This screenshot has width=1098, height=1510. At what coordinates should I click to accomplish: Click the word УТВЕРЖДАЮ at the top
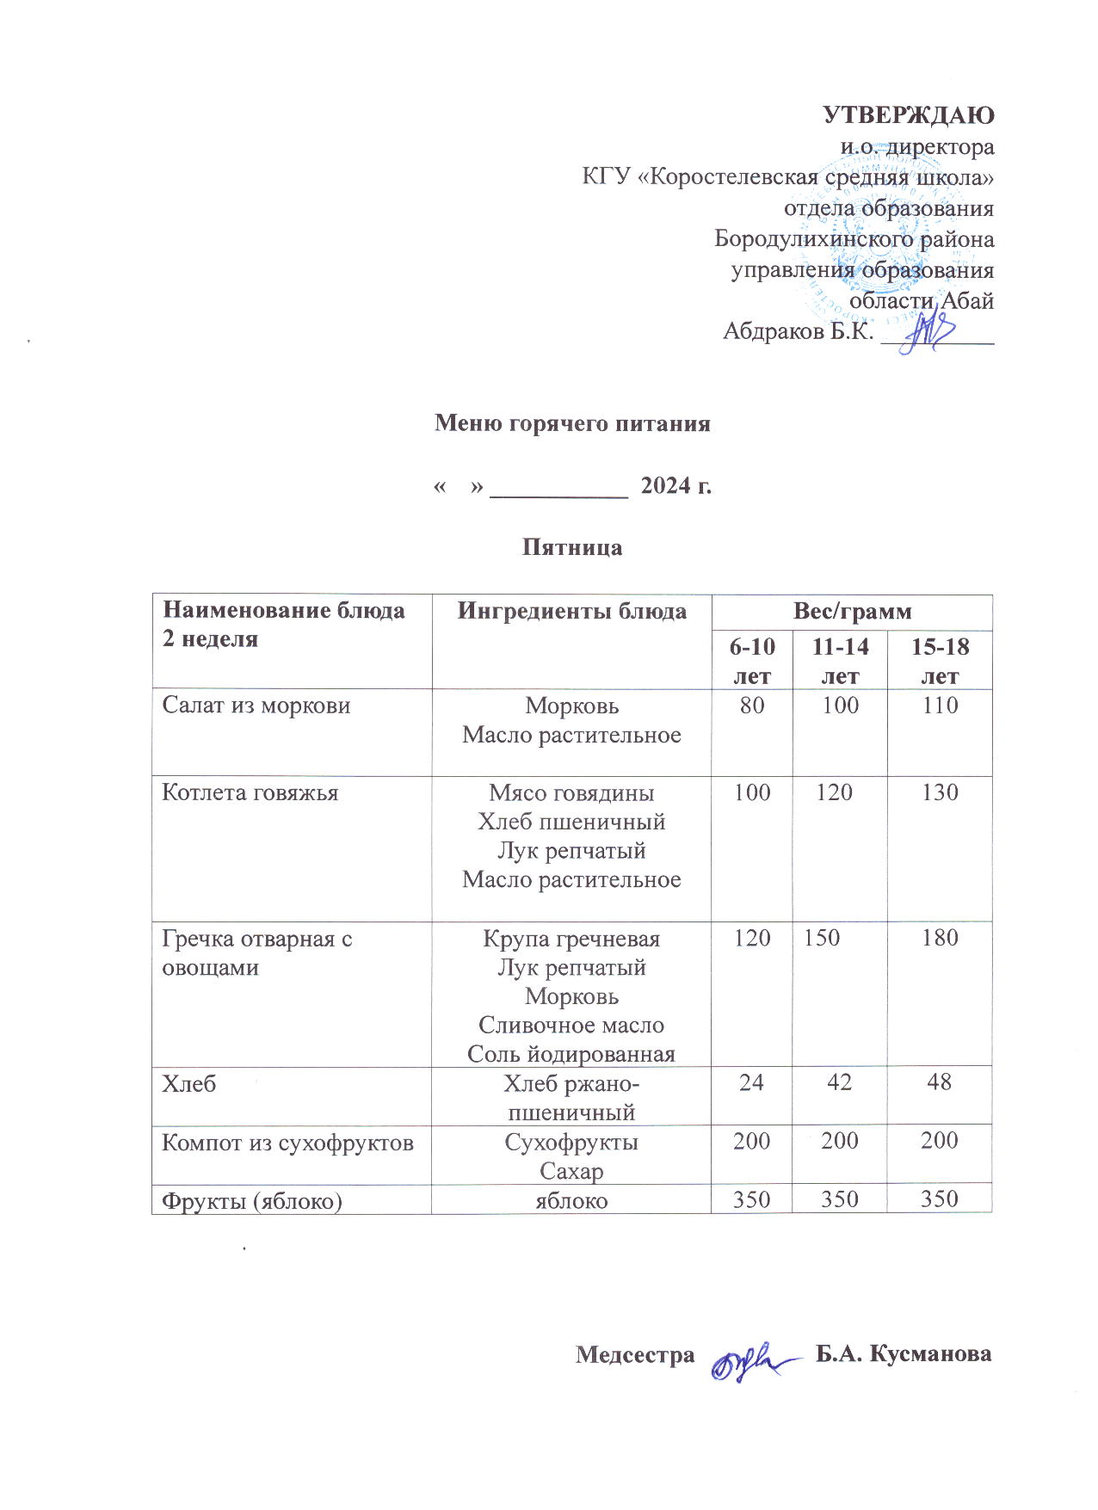(909, 115)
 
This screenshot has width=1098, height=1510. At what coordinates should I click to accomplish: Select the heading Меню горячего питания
(572, 423)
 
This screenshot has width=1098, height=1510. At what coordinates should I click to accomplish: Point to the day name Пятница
(572, 548)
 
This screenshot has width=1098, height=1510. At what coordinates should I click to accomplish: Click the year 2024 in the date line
(665, 486)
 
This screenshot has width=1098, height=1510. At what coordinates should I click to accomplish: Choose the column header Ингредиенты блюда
(571, 611)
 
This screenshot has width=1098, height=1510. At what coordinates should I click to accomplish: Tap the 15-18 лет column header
(940, 660)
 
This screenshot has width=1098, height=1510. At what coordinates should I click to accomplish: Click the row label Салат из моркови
(256, 706)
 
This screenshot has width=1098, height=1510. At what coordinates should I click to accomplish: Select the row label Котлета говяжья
(250, 792)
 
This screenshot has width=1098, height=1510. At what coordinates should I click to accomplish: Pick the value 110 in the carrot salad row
(940, 706)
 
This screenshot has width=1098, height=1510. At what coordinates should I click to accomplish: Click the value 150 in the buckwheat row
(822, 938)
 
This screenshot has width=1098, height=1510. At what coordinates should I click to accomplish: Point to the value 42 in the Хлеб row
(839, 1082)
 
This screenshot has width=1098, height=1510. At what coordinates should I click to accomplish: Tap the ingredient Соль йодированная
(571, 1054)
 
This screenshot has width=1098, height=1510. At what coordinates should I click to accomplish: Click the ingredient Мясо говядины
(571, 792)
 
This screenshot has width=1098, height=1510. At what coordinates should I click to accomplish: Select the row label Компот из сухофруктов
(287, 1143)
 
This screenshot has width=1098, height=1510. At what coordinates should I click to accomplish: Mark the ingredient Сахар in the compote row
(571, 1171)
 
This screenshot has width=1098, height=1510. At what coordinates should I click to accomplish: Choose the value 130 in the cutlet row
(940, 792)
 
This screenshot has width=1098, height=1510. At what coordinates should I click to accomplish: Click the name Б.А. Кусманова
(904, 1353)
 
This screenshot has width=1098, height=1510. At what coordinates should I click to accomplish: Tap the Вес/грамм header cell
(852, 611)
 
